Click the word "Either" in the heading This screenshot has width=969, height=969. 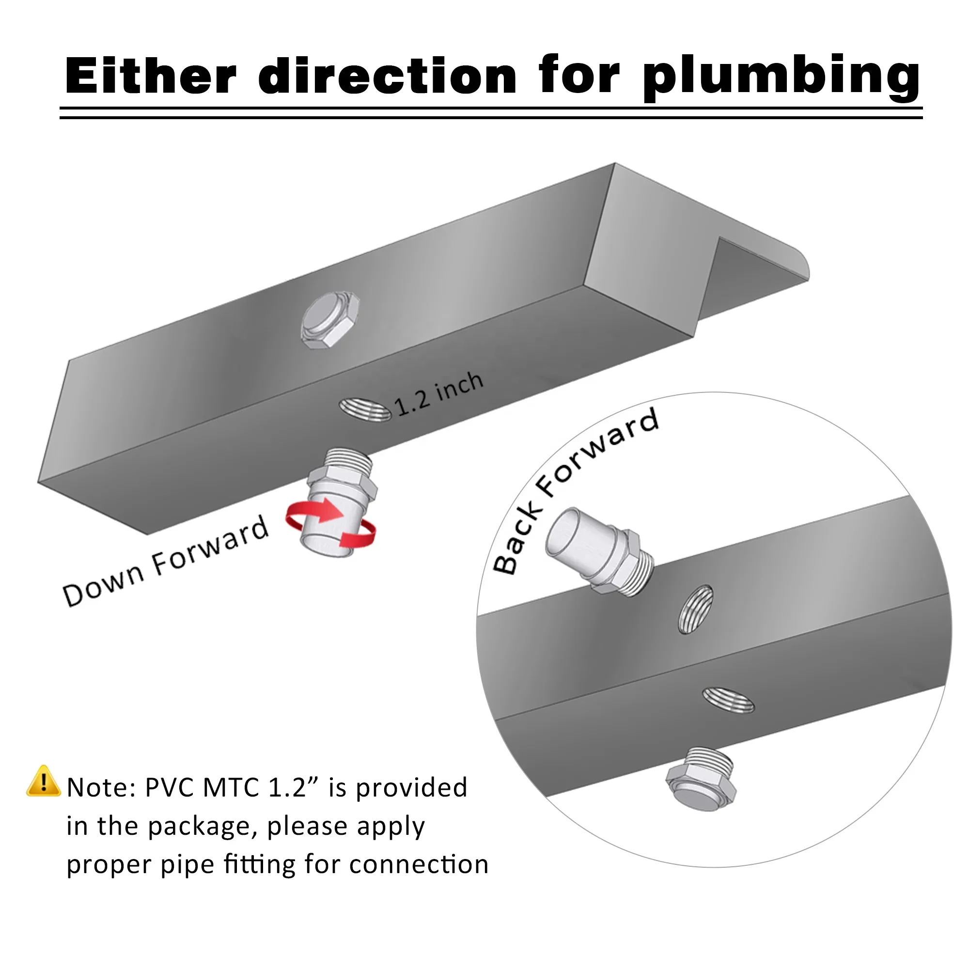tap(151, 76)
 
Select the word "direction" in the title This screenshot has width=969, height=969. tap(387, 76)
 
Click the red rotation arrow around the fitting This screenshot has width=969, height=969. tap(331, 524)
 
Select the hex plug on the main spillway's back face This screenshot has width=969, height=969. tap(329, 319)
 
